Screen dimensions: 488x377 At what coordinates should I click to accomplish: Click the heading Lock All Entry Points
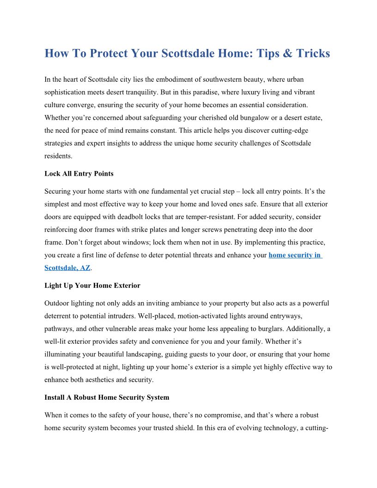tap(79, 174)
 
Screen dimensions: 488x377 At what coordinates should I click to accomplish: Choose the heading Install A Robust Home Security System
tap(107, 397)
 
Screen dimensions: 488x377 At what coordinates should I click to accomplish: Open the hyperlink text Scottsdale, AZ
tap(67, 268)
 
